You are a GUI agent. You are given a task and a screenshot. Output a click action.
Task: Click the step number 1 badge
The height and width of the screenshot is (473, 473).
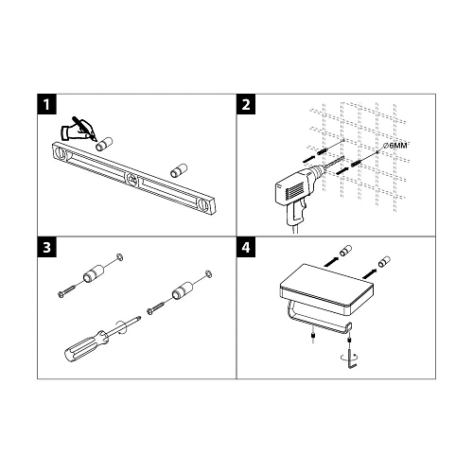47,104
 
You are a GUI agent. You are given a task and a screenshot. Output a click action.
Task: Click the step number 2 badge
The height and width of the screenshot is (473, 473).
246,104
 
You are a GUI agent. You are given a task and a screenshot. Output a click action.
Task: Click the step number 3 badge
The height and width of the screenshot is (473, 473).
47,247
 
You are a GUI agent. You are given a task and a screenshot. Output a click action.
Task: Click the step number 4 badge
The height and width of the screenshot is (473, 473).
246,247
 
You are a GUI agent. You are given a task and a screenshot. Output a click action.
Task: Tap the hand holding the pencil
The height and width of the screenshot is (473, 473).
79,130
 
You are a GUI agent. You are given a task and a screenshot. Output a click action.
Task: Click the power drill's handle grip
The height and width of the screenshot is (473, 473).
296,214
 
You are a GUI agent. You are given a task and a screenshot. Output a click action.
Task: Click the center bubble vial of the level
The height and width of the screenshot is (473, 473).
132,180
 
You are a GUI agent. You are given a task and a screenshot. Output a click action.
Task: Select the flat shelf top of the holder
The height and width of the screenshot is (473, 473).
326,280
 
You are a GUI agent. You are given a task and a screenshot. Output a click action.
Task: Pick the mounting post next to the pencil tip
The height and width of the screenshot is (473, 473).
104,144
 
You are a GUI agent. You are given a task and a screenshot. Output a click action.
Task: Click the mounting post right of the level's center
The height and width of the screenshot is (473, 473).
179,170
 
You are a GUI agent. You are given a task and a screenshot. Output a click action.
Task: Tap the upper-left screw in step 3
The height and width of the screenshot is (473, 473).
67,290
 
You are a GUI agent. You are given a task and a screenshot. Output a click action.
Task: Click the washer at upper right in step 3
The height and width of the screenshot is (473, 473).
208,273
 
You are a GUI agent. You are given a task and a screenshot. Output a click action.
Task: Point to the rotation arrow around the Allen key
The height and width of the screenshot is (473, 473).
349,357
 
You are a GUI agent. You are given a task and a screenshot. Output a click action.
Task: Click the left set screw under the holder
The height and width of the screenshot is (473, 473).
313,337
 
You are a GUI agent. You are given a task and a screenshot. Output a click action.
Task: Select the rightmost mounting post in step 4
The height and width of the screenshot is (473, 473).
384,261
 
